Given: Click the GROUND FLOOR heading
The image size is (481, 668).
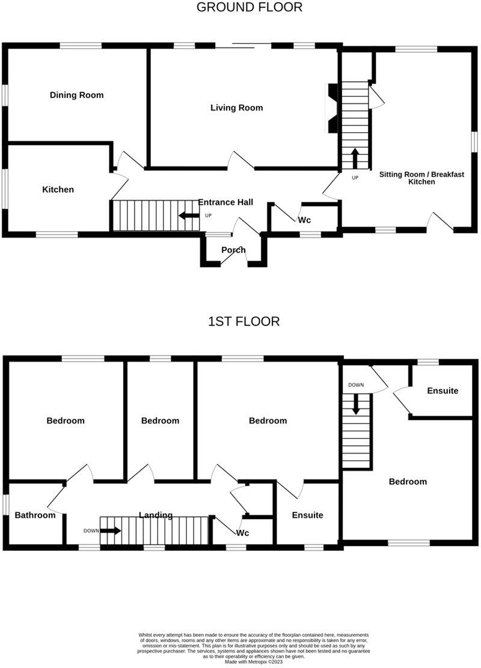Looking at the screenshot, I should coord(250,8).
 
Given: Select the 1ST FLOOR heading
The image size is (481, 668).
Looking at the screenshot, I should coord(244,321).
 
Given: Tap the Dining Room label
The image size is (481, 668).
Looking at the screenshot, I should coord(76,95).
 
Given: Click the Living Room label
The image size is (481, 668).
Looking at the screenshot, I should coord(236,108).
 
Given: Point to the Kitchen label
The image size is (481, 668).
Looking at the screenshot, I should coord(58,189).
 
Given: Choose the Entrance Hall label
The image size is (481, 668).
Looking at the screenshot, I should coord(225,202).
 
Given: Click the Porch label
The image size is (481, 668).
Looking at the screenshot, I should coord(233,250).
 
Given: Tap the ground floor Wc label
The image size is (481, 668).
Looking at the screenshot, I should coord(304,220).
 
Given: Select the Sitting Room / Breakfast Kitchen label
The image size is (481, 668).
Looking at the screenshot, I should coord(421,178).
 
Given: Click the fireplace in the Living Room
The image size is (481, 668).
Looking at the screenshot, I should coord(331,108).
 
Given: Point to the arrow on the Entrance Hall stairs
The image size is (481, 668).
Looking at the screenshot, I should coord(189,216).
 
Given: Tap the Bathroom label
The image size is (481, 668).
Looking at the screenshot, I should coord(35,515).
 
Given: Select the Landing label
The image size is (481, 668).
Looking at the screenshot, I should coord(156,515).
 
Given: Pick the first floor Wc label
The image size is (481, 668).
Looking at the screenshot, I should coord(243,533).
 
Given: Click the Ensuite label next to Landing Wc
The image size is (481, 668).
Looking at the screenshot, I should coord(307,515).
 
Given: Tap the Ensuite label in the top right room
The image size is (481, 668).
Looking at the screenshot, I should coord(443,390).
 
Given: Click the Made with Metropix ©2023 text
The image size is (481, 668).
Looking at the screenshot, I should coord(254,661).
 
